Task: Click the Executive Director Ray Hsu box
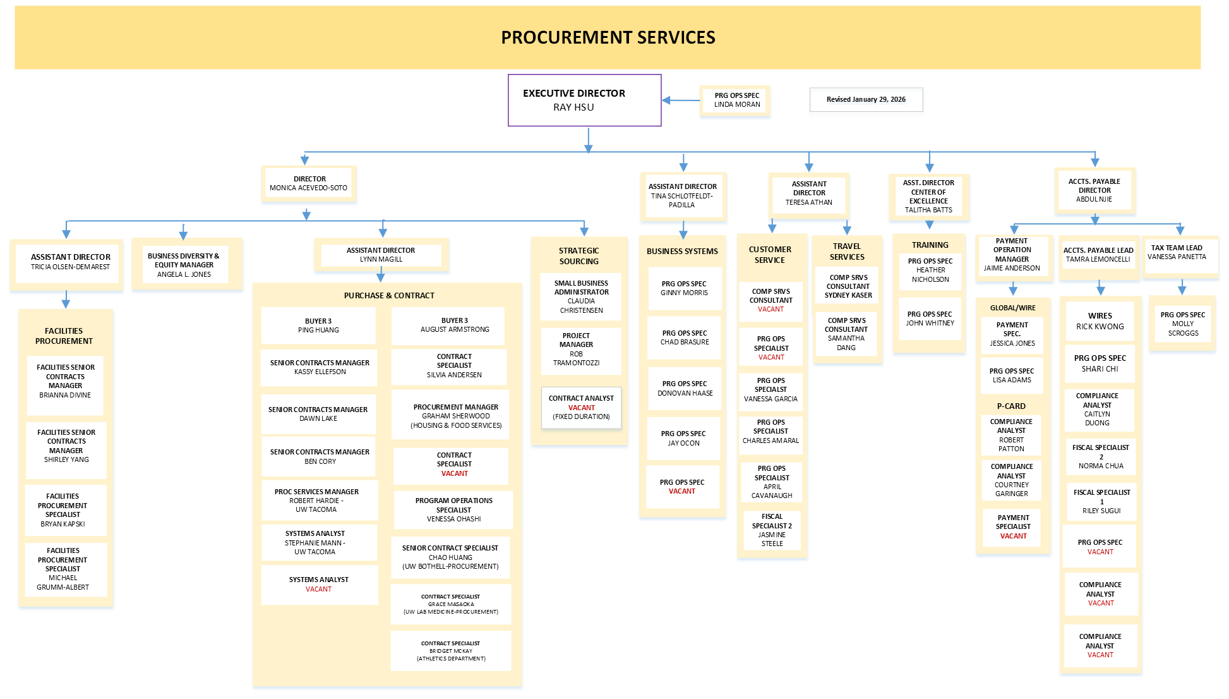point(584,100)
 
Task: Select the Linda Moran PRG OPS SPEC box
point(736,100)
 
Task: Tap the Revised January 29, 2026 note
point(866,100)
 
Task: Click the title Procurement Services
point(608,38)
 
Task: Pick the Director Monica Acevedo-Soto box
point(309,184)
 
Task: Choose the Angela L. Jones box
point(184,265)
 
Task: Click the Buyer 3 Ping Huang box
point(318,325)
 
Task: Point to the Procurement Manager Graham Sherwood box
point(455,416)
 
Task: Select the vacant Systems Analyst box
point(319,585)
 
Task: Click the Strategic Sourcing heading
point(579,256)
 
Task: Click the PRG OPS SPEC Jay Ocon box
point(683,439)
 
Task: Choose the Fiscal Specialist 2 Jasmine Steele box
point(772,530)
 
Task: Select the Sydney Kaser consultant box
point(848,286)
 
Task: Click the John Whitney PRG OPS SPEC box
point(930,319)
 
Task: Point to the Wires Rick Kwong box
point(1100,321)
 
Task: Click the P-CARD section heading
point(1011,406)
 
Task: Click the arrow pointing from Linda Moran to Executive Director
point(681,100)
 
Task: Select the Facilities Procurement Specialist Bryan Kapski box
point(63,510)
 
